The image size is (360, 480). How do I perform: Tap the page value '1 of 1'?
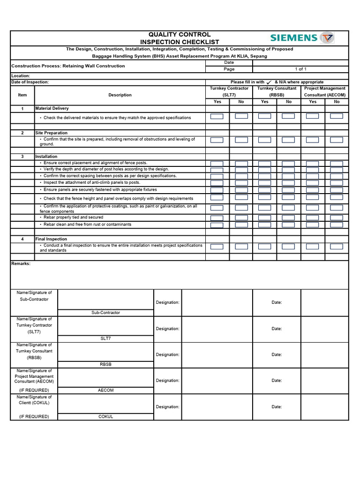point(300,69)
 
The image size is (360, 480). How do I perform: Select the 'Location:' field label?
point(21,75)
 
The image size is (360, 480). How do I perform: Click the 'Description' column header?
point(120,95)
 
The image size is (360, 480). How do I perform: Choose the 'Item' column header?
point(22,95)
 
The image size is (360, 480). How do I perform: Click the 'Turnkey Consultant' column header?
point(277,88)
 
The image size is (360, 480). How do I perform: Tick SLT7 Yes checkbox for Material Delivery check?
point(217,116)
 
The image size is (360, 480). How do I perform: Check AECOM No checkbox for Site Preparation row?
point(337,140)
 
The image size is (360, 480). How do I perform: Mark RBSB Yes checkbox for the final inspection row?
point(265,247)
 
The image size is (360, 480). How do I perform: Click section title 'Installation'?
point(46,156)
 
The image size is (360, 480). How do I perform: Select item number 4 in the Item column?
point(22,239)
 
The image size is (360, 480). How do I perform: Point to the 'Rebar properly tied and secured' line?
point(73,217)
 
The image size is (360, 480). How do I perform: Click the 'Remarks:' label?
point(21,263)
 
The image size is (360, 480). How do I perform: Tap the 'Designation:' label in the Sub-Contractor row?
point(167,302)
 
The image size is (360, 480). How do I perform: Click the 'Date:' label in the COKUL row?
point(277,407)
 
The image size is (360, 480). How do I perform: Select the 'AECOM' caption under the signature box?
point(105,390)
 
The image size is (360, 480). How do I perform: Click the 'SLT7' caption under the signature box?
point(105,338)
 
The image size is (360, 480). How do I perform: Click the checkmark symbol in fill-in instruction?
point(269,82)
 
